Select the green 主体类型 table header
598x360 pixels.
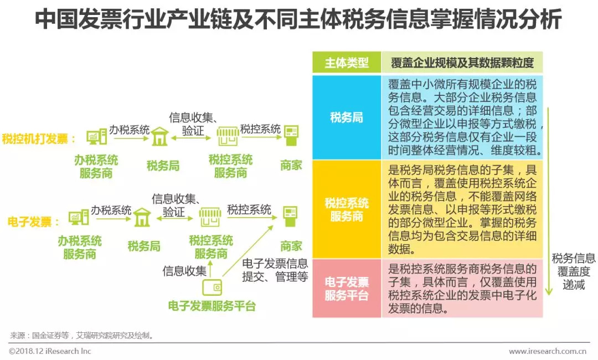[347, 63]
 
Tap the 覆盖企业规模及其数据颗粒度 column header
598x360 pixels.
[462, 63]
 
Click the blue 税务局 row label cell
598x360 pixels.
[347, 117]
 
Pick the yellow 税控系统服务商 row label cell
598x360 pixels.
[347, 209]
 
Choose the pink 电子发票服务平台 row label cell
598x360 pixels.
[347, 288]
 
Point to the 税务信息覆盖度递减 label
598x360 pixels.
[573, 271]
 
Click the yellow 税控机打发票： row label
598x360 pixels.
[39, 138]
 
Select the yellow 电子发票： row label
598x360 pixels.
[34, 222]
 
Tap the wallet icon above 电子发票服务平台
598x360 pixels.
[213, 287]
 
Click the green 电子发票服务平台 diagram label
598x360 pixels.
[212, 306]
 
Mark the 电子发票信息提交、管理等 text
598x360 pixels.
[275, 270]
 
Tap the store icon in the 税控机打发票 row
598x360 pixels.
[227, 136]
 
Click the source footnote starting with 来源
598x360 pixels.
[82, 335]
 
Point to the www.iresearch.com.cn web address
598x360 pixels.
[548, 351]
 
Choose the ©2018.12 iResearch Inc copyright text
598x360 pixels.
[50, 351]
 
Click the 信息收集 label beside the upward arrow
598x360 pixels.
[184, 271]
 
